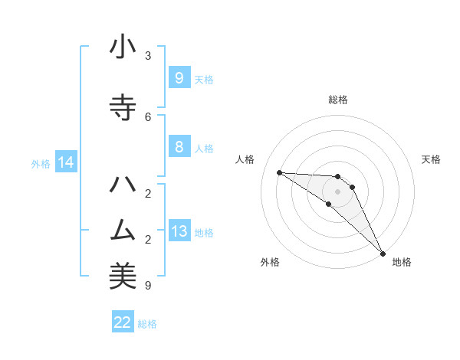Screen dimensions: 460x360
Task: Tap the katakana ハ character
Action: click(123, 185)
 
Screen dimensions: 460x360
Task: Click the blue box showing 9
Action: click(179, 77)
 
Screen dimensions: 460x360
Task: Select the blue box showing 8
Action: click(179, 147)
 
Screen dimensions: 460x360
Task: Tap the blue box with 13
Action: click(179, 231)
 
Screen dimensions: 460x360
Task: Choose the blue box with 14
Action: click(66, 162)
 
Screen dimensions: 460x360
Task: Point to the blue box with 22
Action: click(123, 322)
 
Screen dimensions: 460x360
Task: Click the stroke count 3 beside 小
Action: click(148, 56)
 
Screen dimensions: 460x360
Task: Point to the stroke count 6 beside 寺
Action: click(148, 116)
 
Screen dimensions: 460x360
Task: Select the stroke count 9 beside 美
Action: click(148, 286)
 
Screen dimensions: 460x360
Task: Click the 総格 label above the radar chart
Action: click(338, 100)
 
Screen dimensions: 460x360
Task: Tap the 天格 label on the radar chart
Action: click(431, 159)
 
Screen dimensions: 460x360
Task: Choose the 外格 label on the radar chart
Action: click(270, 262)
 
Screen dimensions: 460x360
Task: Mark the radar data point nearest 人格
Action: click(279, 172)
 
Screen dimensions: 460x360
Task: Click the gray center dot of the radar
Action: click(337, 191)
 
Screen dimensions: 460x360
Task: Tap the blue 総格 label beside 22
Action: click(147, 324)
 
